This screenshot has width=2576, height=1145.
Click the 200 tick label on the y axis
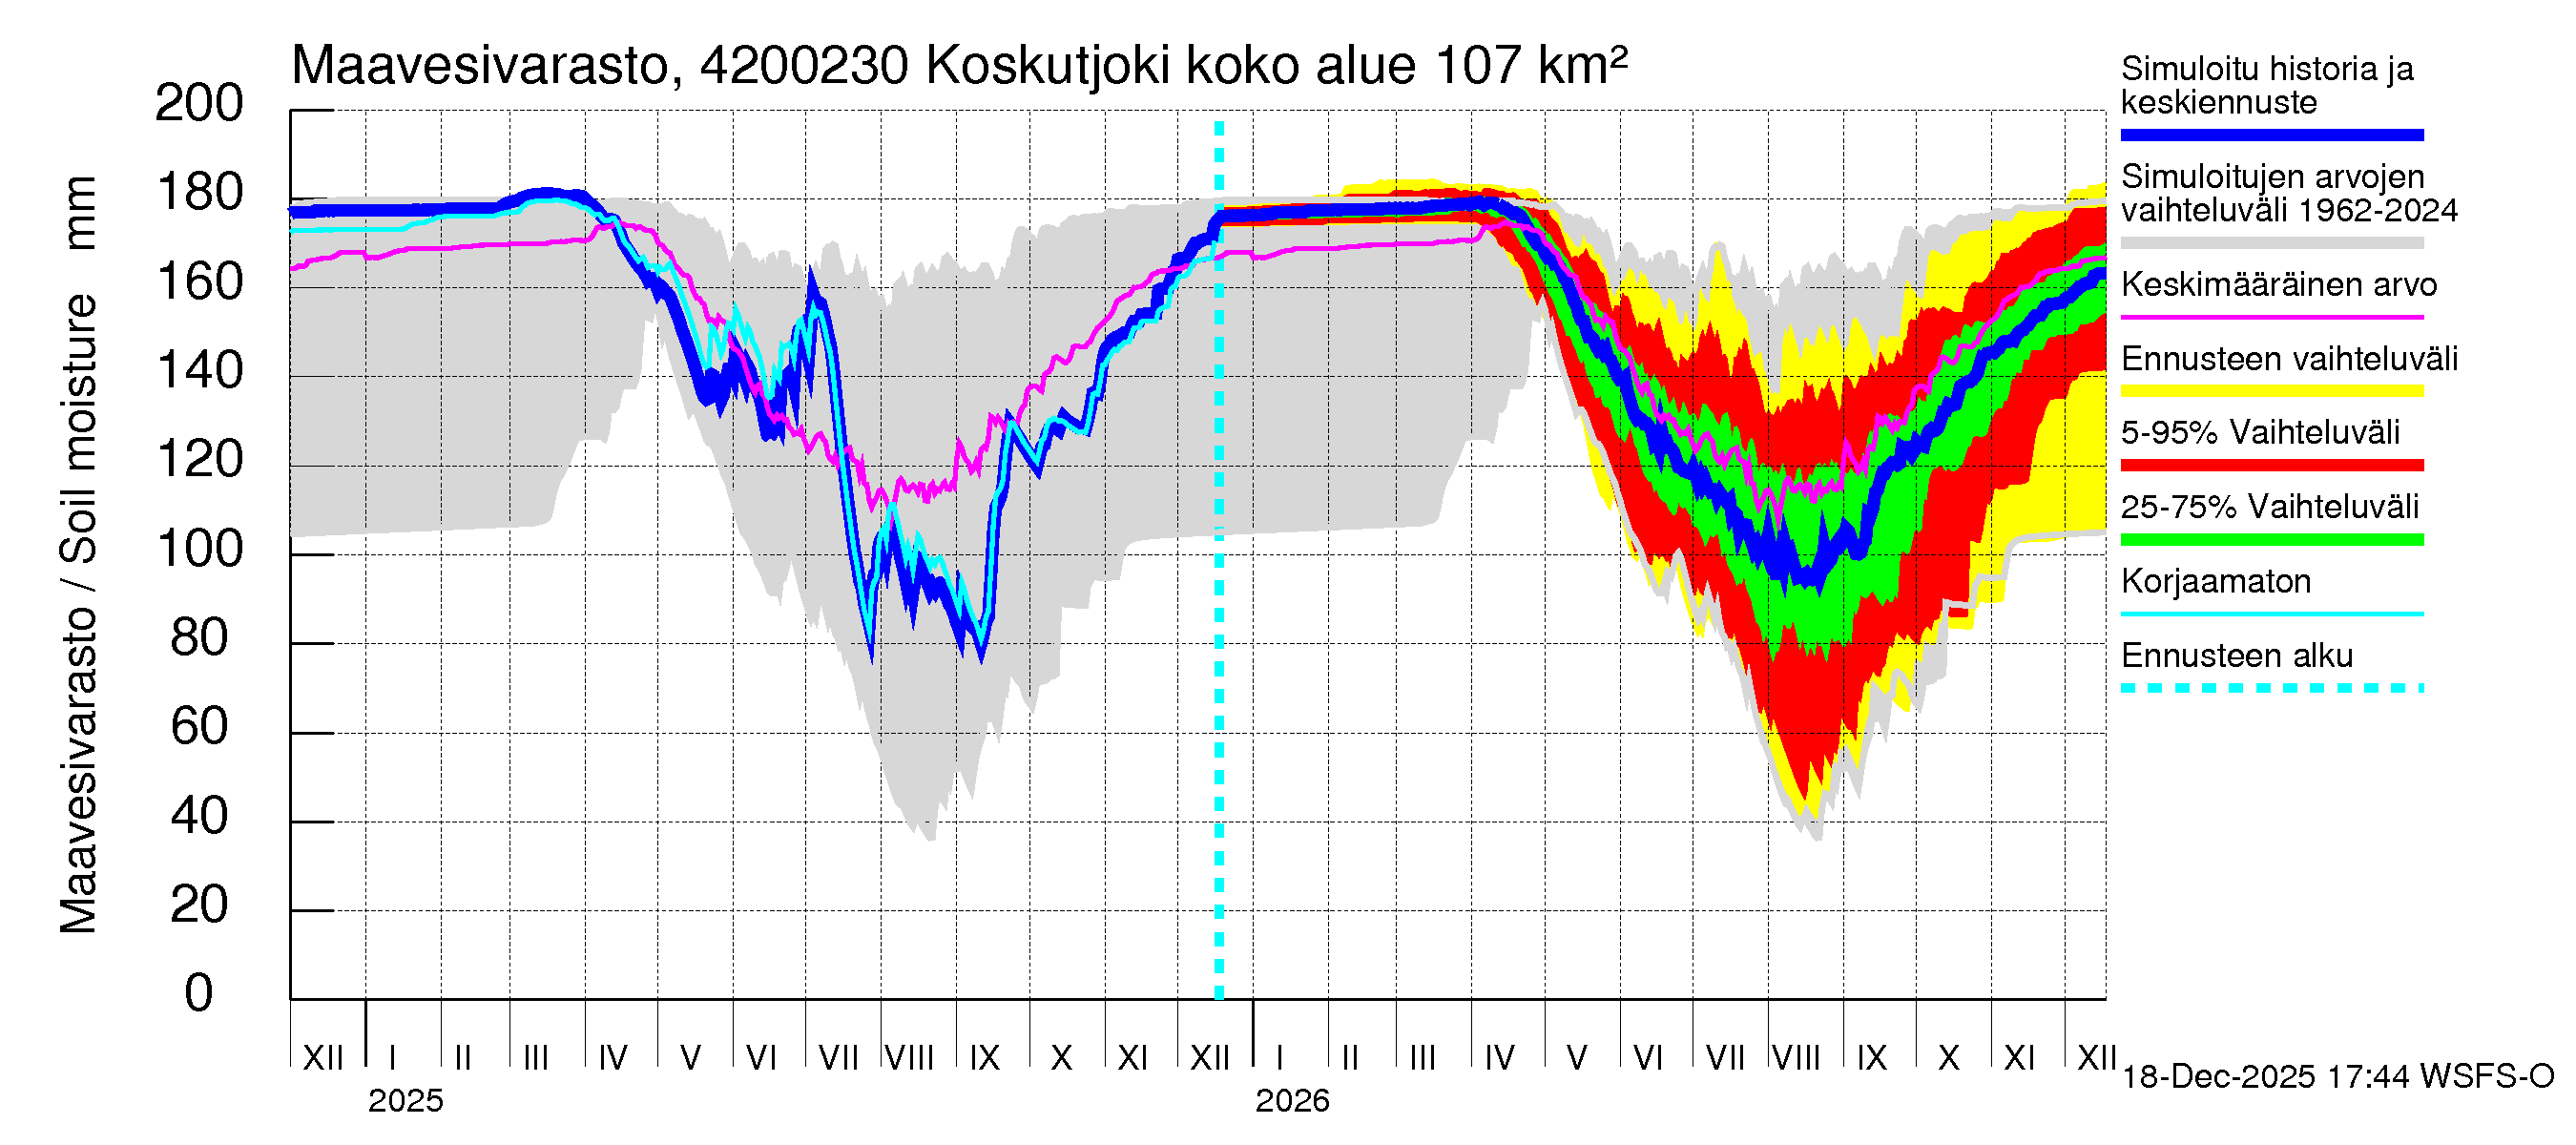[x=198, y=103]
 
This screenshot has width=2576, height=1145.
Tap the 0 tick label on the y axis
[x=198, y=993]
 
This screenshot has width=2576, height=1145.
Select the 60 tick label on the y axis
[x=198, y=726]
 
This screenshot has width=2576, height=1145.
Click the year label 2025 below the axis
[x=405, y=1101]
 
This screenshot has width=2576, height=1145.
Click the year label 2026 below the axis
[x=1292, y=1101]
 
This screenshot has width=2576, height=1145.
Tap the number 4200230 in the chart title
[x=804, y=66]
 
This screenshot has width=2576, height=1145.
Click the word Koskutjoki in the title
[x=1048, y=66]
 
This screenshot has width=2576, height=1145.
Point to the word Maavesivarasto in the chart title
[x=480, y=66]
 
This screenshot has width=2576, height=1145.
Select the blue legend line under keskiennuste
[x=2272, y=135]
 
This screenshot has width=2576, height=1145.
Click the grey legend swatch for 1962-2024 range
[x=2272, y=243]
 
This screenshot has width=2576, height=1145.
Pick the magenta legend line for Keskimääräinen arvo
[x=2272, y=317]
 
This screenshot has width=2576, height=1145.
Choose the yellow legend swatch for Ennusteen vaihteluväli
[x=2272, y=391]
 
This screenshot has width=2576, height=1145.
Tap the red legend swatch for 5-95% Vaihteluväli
[x=2272, y=465]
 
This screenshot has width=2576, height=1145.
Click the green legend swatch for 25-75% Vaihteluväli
[x=2272, y=540]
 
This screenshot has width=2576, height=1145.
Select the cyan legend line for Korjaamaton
[x=2272, y=614]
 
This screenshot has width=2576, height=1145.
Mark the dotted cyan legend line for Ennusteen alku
[x=2272, y=688]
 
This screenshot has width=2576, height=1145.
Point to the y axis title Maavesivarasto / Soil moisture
[x=78, y=555]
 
